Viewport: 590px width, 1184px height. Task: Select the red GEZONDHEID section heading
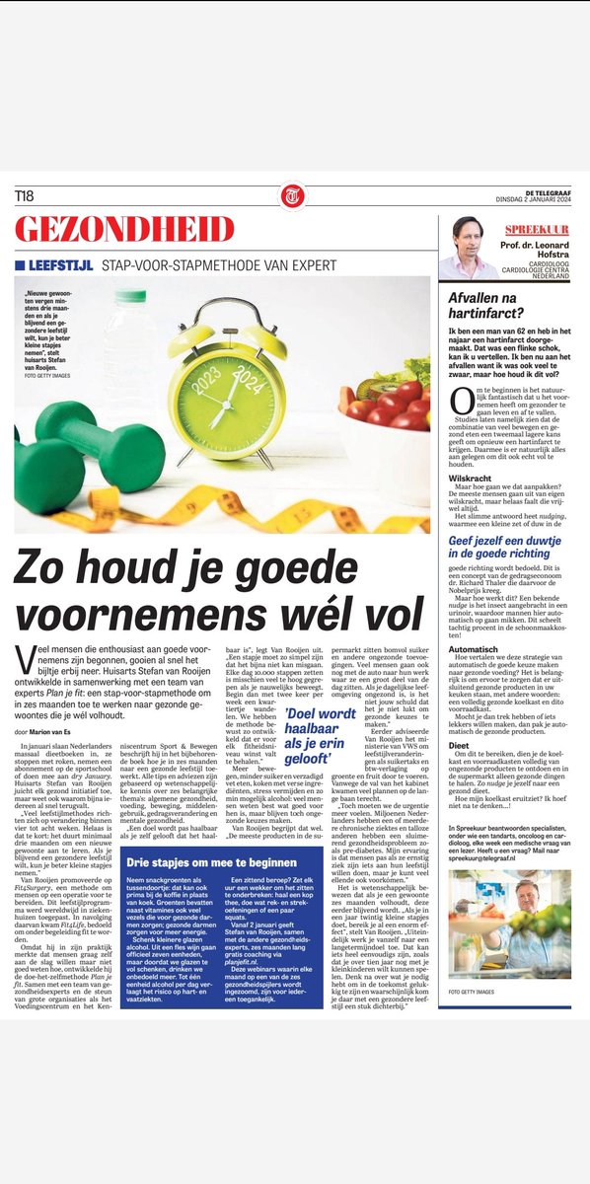[x=124, y=230]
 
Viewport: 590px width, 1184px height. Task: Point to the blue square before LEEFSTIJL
[x=20, y=265]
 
